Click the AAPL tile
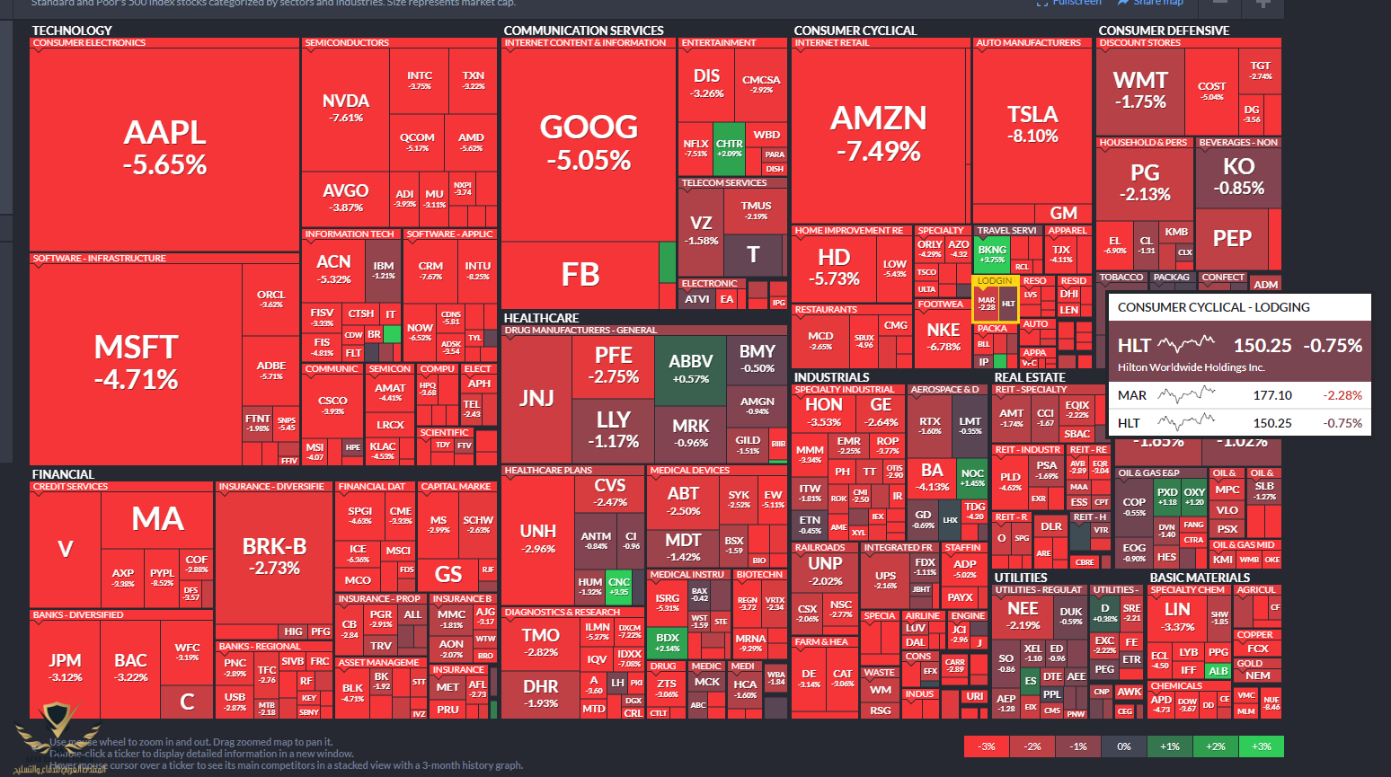pyautogui.click(x=164, y=148)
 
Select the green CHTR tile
pyautogui.click(x=729, y=148)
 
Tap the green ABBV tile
pyautogui.click(x=690, y=368)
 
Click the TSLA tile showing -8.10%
pyautogui.click(x=1032, y=124)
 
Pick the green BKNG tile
pyautogui.click(x=992, y=254)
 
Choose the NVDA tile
pyautogui.click(x=346, y=108)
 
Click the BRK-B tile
pyautogui.click(x=274, y=555)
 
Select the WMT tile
pyautogui.click(x=1139, y=90)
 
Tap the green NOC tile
pyautogui.click(x=972, y=477)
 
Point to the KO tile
pyautogui.click(x=1238, y=175)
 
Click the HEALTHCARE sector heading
pyautogui.click(x=541, y=318)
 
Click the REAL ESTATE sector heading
pyautogui.click(x=1030, y=377)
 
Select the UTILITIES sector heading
pyautogui.click(x=1021, y=578)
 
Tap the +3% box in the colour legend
pyautogui.click(x=1261, y=746)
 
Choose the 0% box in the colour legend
pyautogui.click(x=1123, y=746)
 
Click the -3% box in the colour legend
pyautogui.click(x=987, y=746)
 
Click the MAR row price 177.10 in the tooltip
pyautogui.click(x=1272, y=395)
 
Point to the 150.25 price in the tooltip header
pyautogui.click(x=1262, y=345)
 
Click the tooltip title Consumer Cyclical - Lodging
pyautogui.click(x=1213, y=307)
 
